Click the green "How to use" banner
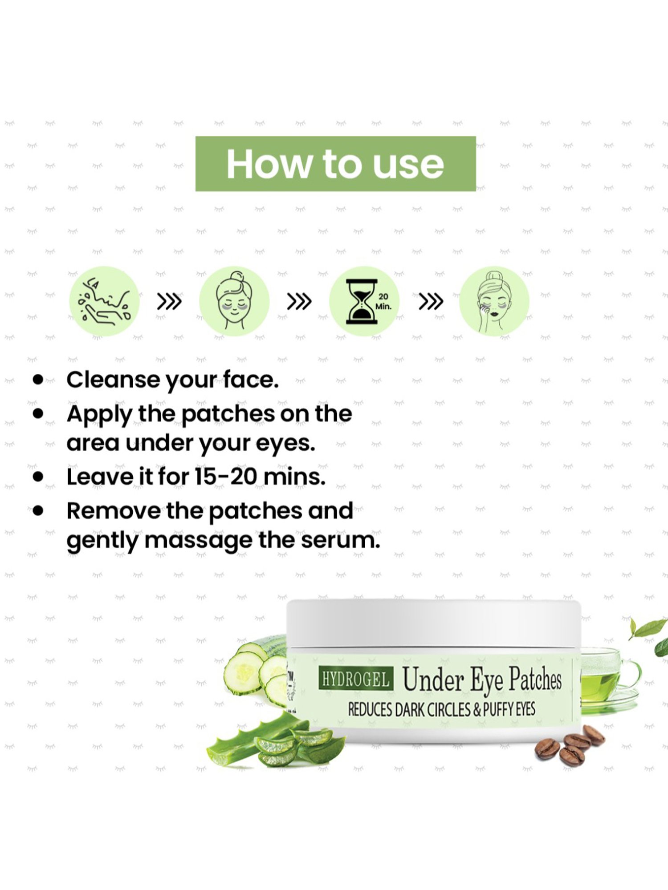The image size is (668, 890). tap(335, 164)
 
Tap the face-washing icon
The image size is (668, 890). tap(105, 301)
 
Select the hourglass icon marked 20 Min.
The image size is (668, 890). tap(364, 301)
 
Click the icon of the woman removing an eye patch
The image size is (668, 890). tap(494, 301)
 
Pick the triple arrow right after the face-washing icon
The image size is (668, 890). tap(169, 301)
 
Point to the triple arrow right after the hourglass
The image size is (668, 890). tap(431, 301)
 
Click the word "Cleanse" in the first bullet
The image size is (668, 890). tap(113, 380)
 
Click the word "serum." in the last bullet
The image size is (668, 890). tap(341, 540)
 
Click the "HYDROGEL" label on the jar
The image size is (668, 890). tap(356, 679)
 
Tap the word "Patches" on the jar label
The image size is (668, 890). tap(535, 680)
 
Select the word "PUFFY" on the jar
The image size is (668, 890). tap(499, 709)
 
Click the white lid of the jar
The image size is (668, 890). tap(434, 623)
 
